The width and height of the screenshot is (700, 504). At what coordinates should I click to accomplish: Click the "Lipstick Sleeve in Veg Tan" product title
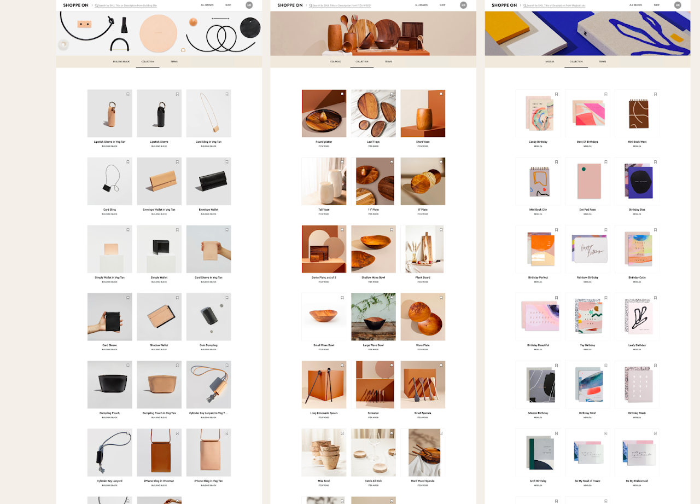click(x=109, y=142)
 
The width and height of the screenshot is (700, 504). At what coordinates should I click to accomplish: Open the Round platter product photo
click(x=324, y=113)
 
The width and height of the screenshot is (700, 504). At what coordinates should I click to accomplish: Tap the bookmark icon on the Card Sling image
click(x=128, y=162)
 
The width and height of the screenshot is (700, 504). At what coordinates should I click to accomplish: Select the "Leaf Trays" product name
click(x=374, y=142)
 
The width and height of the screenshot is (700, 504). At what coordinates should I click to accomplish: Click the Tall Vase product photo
click(x=324, y=181)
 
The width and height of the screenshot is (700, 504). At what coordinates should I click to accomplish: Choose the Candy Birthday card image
click(x=538, y=113)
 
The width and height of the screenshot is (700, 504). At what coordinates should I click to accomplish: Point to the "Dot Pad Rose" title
click(x=587, y=210)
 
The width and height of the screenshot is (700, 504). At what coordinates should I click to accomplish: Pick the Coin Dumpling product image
click(x=208, y=317)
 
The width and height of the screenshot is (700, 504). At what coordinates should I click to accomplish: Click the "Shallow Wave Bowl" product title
click(x=374, y=277)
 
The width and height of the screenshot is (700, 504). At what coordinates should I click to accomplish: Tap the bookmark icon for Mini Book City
click(x=556, y=162)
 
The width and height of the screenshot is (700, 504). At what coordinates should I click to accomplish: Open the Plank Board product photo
click(x=423, y=249)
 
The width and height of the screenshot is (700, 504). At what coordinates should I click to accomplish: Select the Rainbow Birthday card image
click(x=587, y=249)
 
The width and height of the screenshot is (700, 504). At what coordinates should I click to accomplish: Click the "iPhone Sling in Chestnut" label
click(x=159, y=481)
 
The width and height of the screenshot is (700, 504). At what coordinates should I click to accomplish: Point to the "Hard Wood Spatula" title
click(x=423, y=481)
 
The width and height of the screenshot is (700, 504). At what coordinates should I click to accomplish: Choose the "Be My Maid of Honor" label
click(x=587, y=481)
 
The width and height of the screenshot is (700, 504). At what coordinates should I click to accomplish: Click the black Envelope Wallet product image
click(x=208, y=181)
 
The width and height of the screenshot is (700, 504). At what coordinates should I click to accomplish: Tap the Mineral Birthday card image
click(x=538, y=385)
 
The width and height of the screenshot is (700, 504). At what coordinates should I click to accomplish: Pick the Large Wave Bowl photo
click(x=374, y=317)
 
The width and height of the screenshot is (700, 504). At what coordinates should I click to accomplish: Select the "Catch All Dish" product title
click(x=374, y=481)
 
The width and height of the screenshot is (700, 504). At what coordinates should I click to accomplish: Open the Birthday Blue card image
click(x=637, y=181)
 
